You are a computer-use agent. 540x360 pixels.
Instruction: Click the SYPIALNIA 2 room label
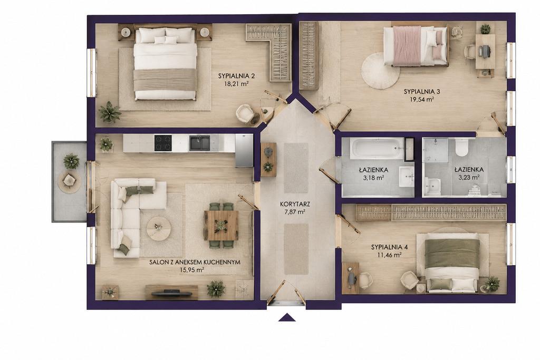[233, 76]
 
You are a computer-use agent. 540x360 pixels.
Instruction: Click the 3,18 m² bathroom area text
[373, 178]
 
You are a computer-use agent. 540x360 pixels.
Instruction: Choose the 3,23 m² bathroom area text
[469, 178]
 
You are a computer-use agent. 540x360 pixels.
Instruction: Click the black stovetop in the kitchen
[163, 143]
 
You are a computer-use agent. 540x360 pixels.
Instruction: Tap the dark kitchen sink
[199, 143]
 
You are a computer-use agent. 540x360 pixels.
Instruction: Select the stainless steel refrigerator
[244, 150]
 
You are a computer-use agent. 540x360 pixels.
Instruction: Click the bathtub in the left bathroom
[377, 149]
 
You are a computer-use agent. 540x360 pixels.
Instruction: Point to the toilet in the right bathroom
[461, 147]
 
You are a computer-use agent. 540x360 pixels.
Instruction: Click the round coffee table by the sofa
[159, 228]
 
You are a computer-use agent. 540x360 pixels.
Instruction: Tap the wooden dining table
[221, 226]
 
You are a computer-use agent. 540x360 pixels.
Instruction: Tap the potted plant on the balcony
[71, 161]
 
